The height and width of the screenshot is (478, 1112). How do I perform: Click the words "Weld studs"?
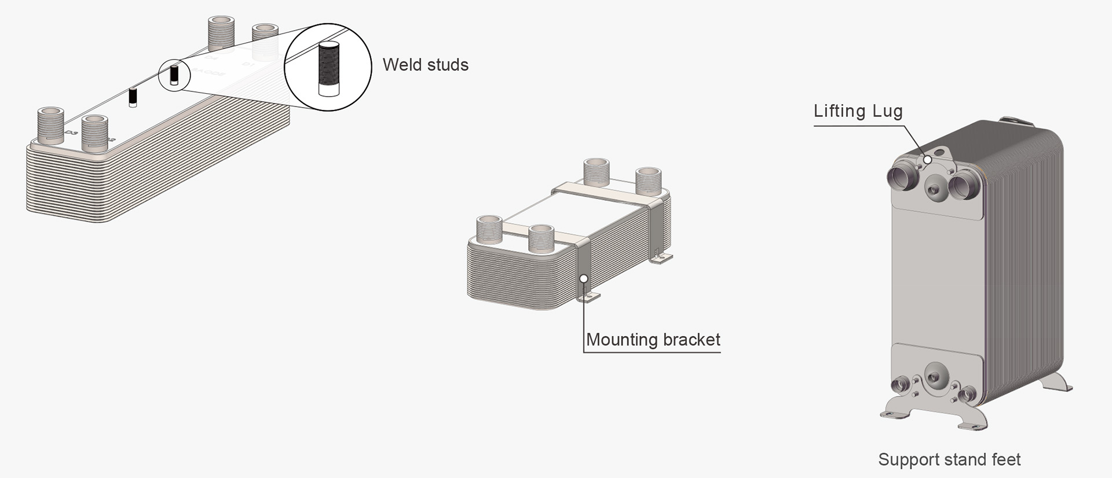(425, 65)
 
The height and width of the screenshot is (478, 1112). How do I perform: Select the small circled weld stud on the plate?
(174, 76)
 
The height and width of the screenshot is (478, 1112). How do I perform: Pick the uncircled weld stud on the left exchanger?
(133, 97)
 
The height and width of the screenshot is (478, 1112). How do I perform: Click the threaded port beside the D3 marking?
(50, 124)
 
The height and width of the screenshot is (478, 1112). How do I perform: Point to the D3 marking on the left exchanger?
(71, 133)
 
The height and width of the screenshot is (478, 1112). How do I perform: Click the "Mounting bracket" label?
(653, 340)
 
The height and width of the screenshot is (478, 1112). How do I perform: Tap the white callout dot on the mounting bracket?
(584, 278)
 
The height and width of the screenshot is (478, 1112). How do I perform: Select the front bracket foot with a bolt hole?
(588, 297)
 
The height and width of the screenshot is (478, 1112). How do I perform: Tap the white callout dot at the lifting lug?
(927, 160)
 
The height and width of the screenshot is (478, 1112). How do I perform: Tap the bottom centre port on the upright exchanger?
(934, 377)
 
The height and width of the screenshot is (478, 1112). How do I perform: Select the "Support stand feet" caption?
(949, 459)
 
